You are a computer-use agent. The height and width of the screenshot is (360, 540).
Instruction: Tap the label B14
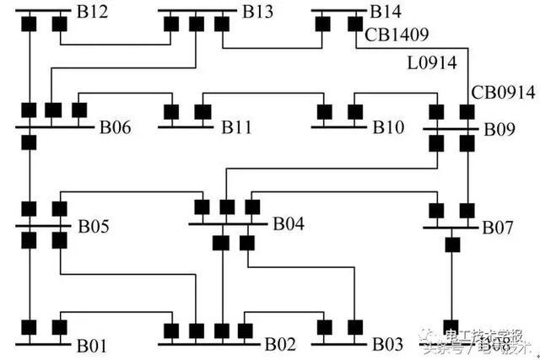(x=385, y=13)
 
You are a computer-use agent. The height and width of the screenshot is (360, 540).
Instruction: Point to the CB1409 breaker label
(x=397, y=35)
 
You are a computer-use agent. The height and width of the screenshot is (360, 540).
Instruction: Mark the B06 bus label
(x=116, y=128)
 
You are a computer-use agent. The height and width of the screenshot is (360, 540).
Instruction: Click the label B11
(x=237, y=128)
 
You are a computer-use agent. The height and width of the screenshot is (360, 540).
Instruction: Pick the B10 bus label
(x=389, y=128)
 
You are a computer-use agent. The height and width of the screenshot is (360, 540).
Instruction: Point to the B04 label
(x=289, y=224)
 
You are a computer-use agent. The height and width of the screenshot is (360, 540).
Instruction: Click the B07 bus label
(x=497, y=228)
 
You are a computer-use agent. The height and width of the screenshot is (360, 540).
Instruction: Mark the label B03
(x=389, y=345)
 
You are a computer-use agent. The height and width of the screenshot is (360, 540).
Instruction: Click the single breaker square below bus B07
(x=452, y=245)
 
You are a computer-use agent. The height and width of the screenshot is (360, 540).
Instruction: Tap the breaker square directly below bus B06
(x=29, y=142)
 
